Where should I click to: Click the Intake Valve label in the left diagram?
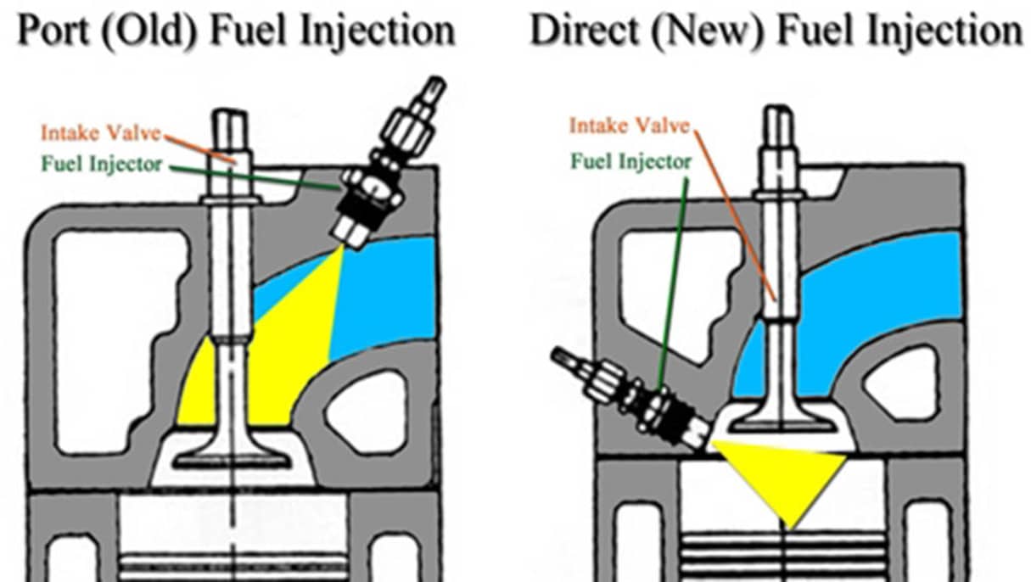[x=101, y=133]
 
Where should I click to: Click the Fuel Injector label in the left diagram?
[x=101, y=164]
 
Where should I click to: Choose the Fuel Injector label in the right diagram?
[x=630, y=160]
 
